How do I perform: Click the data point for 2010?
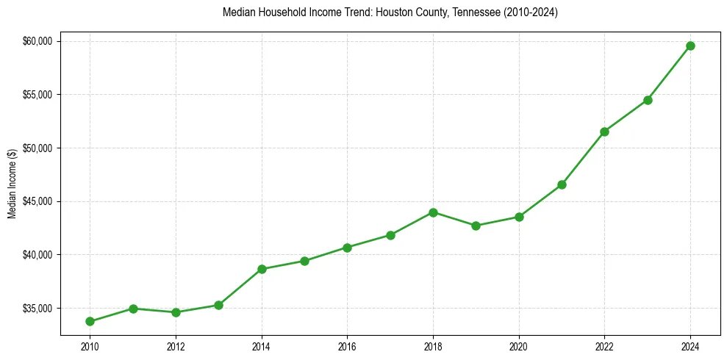pos(90,321)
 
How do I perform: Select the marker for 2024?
pos(690,46)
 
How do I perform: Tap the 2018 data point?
pos(433,212)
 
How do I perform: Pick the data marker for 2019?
pos(476,226)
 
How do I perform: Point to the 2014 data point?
pos(262,269)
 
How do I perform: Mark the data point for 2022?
pos(604,132)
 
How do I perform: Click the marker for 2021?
pos(562,184)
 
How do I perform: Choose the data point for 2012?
pos(176,312)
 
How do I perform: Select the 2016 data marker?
pos(347,248)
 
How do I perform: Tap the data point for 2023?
pos(648,100)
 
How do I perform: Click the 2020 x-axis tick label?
pos(519,345)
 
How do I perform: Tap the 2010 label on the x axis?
pos(90,345)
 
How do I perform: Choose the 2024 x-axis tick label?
pos(690,345)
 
